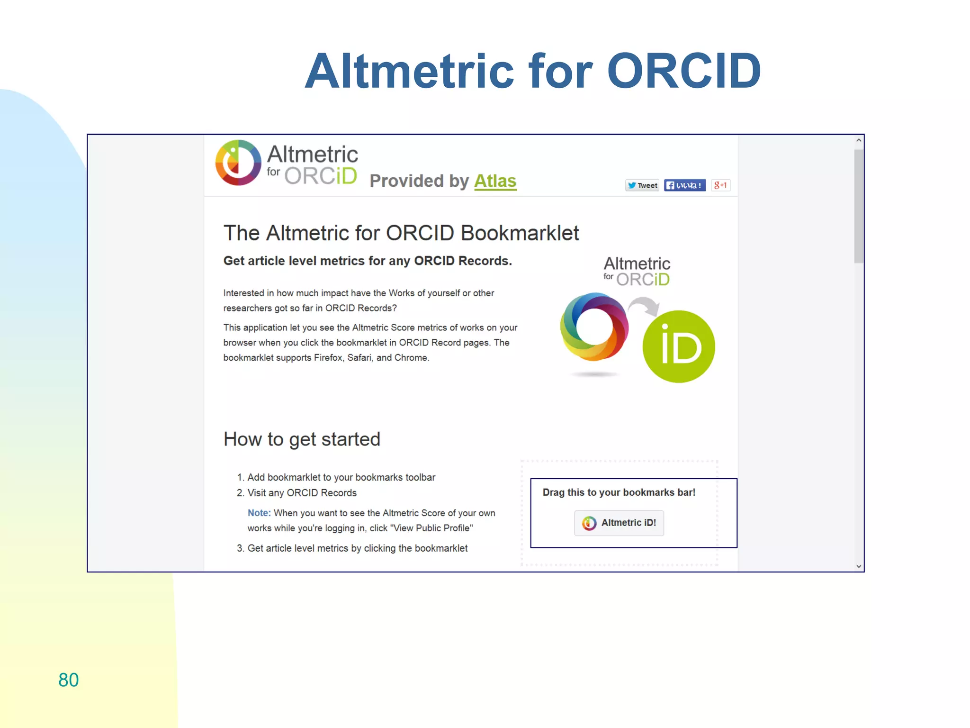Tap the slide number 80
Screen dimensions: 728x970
click(x=68, y=680)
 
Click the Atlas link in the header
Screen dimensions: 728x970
click(x=495, y=181)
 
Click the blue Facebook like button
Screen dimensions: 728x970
click(x=684, y=185)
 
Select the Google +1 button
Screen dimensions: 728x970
click(x=720, y=185)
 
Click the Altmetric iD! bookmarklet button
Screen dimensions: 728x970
click(x=619, y=523)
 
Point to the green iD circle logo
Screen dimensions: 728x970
click(x=678, y=346)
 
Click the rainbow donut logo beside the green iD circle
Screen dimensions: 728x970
click(x=594, y=327)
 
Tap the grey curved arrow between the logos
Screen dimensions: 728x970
click(x=645, y=306)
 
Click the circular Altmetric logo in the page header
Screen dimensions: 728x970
click(x=238, y=163)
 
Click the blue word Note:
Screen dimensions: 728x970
click(x=259, y=513)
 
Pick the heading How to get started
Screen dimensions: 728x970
click(x=302, y=439)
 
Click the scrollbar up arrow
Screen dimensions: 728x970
click(x=858, y=141)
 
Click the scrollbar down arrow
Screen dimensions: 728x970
click(x=858, y=566)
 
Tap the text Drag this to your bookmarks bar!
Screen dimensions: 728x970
click(x=619, y=492)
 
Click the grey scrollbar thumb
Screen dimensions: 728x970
click(x=858, y=206)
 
